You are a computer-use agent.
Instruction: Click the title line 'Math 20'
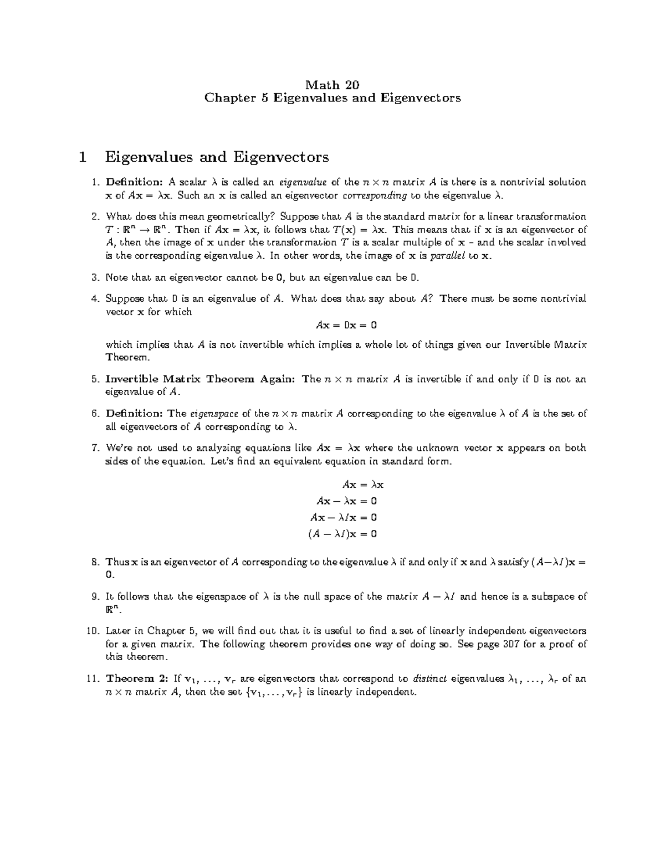pos(332,85)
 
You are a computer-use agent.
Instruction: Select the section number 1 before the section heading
pos(83,157)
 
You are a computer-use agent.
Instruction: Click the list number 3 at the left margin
pos(95,277)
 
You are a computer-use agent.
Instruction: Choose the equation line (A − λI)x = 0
pos(342,534)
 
